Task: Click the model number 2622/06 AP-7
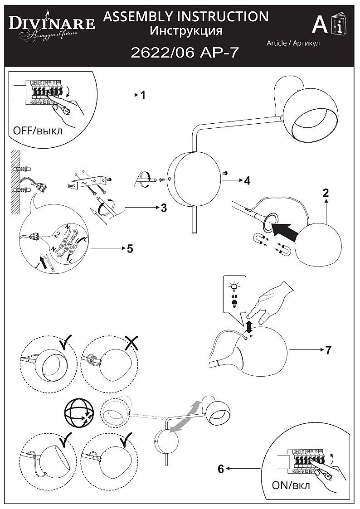click(x=185, y=53)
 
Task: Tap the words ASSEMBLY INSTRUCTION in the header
click(x=186, y=17)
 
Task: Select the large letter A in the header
click(x=320, y=25)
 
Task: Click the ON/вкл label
click(x=291, y=486)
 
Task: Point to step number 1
click(x=143, y=95)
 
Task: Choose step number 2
click(x=326, y=193)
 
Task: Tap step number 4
click(x=247, y=181)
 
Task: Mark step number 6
click(x=221, y=469)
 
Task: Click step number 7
click(x=328, y=350)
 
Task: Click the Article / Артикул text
click(x=293, y=43)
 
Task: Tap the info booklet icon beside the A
click(x=339, y=25)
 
